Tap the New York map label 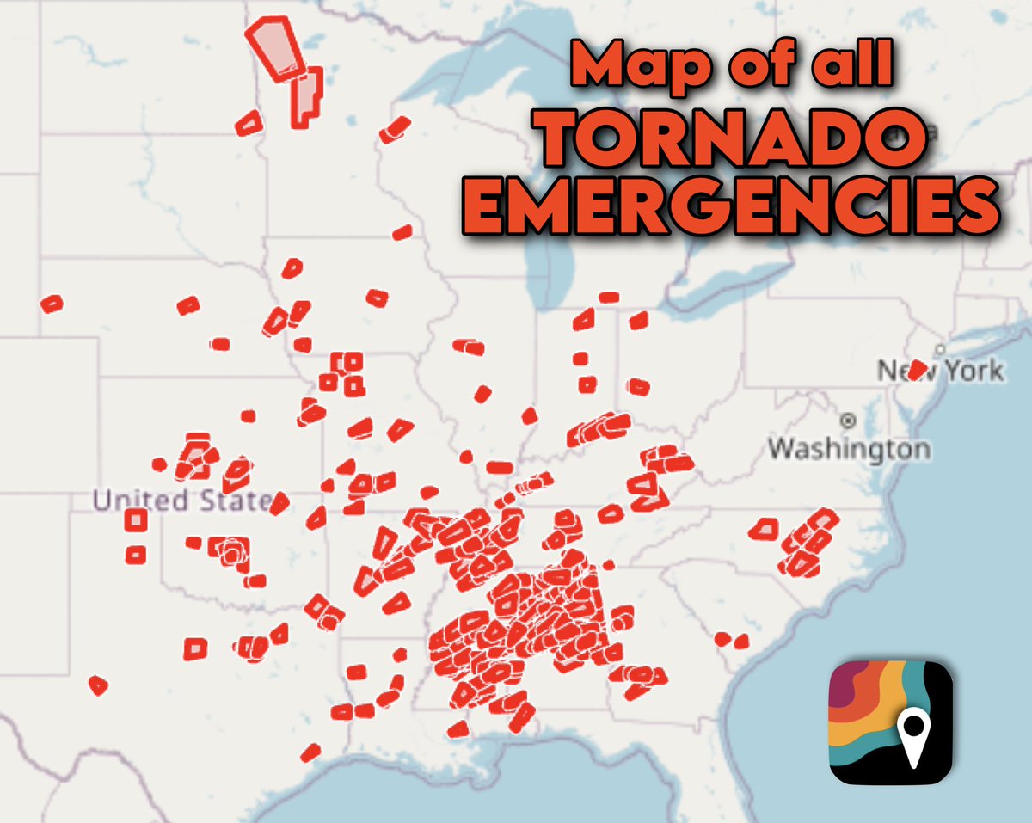(x=940, y=372)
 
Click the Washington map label (x=849, y=448)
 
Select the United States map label (x=181, y=500)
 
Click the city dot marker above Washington (x=850, y=421)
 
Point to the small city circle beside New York (x=942, y=350)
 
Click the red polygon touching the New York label (x=918, y=370)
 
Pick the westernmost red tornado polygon (x=52, y=304)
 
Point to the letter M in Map (x=597, y=65)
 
